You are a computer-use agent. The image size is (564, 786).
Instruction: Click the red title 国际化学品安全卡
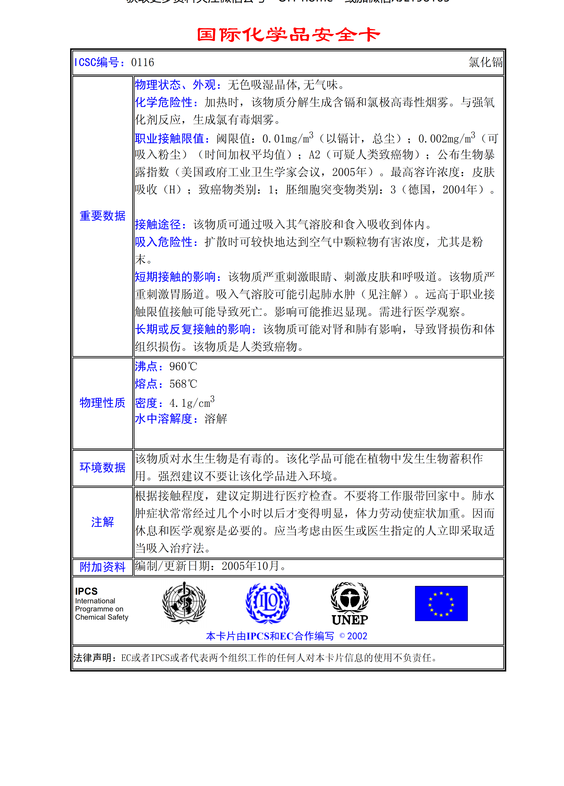click(x=288, y=35)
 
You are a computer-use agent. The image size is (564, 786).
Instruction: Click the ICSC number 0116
click(x=142, y=62)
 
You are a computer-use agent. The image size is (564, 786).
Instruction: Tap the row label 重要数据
click(x=102, y=216)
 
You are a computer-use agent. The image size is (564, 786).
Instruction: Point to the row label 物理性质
click(x=102, y=403)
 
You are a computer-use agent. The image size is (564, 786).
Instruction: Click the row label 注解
click(x=102, y=522)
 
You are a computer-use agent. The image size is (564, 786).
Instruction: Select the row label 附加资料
click(x=102, y=567)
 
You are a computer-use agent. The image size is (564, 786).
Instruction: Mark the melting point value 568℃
click(x=183, y=384)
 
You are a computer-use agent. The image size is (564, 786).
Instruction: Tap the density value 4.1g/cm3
click(x=192, y=403)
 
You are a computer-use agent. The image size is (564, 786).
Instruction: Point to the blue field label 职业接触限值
click(x=172, y=139)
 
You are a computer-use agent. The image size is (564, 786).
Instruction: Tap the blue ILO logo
click(x=267, y=603)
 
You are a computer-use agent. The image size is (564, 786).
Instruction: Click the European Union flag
click(x=441, y=603)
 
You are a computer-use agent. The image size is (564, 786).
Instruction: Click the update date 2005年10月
click(x=250, y=566)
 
